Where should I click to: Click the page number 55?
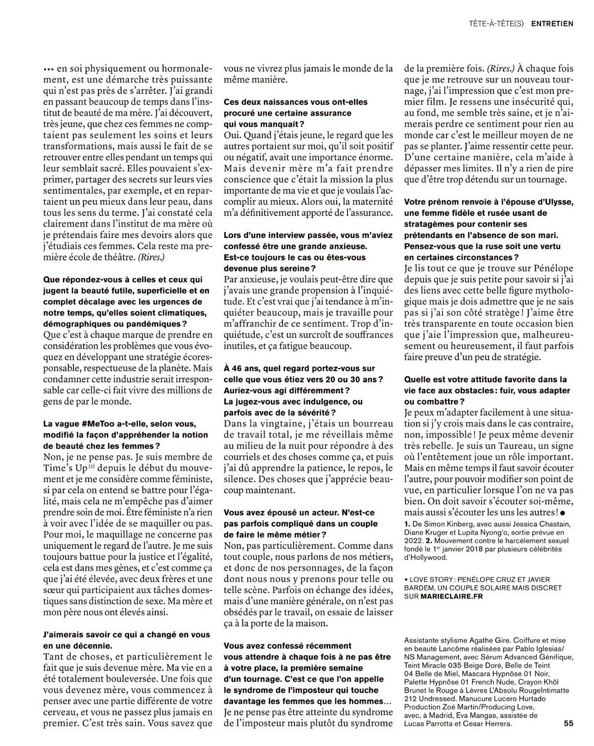(568, 724)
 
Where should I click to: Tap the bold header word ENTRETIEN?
(552, 23)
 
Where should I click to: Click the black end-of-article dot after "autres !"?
(562, 513)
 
